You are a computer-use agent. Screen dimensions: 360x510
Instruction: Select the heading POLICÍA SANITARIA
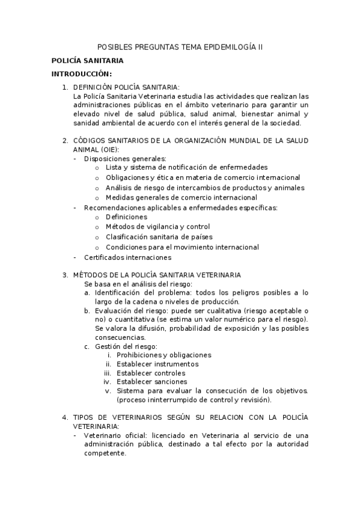click(x=87, y=61)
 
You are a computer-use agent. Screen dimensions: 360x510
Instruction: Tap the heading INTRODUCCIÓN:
click(x=82, y=74)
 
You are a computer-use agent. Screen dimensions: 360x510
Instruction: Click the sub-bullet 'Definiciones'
click(x=126, y=217)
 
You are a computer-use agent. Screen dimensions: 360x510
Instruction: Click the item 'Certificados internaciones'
click(x=127, y=257)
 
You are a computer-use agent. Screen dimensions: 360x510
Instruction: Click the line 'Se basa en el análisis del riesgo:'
click(x=138, y=284)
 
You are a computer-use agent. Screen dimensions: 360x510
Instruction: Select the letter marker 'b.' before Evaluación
click(x=88, y=310)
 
